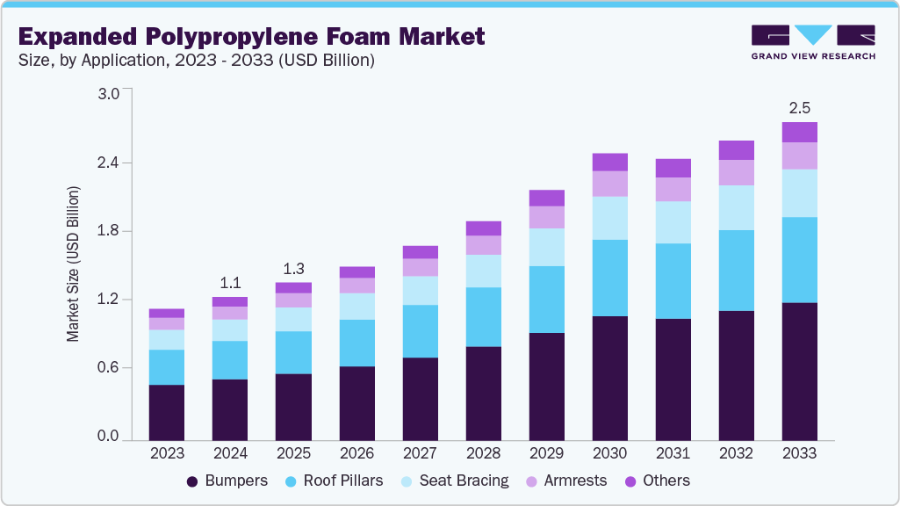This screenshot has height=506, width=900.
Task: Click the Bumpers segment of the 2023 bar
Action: [167, 412]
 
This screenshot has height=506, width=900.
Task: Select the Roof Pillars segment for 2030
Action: [609, 278]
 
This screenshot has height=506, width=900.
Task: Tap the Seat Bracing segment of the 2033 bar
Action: [799, 193]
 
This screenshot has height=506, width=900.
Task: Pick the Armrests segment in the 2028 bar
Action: [483, 245]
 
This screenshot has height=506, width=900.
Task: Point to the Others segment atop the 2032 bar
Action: [736, 150]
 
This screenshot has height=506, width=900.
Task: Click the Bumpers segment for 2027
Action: [420, 399]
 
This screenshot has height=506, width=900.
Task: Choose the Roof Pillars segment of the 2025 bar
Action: [293, 352]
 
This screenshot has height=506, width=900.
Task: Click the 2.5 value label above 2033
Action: [799, 108]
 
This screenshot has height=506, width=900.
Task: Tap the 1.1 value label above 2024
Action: [230, 283]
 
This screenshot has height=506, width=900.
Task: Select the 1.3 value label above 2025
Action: [293, 268]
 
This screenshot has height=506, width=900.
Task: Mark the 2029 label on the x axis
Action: [546, 453]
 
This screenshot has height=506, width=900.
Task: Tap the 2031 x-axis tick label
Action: [673, 453]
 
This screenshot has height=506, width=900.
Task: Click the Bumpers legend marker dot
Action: [191, 481]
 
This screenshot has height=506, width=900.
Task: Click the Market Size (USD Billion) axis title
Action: [74, 264]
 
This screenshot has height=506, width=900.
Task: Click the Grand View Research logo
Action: [812, 41]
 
